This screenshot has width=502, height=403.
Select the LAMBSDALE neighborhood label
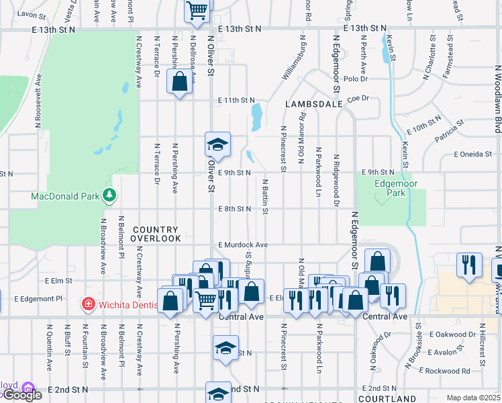tap(313, 105)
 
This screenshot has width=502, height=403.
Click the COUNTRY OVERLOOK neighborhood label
tap(156, 234)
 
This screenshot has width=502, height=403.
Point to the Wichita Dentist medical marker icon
tap(88, 304)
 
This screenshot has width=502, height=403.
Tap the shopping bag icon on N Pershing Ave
tap(179, 82)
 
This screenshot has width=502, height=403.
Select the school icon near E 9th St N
tap(217, 144)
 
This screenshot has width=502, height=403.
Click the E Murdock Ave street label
tap(243, 245)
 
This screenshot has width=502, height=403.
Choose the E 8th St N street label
tap(234, 209)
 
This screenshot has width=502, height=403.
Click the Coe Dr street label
tap(358, 98)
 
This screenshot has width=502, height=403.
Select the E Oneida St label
tap(472, 154)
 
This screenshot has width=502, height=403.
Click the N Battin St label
tap(266, 197)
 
